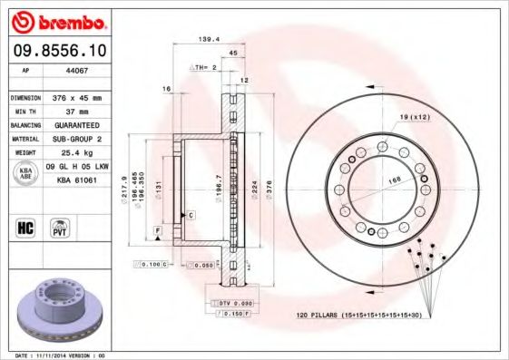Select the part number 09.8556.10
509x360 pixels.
56,52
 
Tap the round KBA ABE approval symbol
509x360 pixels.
24,174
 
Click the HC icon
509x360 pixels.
24,227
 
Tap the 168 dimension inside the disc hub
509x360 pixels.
396,180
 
